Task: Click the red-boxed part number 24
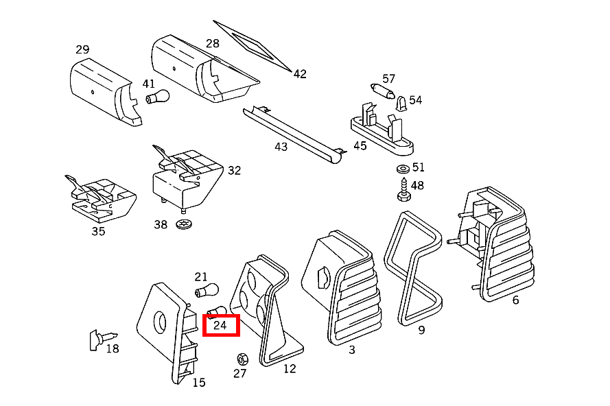tap(220, 325)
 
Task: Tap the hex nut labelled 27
tap(242, 359)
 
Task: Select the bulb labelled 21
tap(207, 290)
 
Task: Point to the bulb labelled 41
tap(158, 97)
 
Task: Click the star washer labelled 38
tap(184, 224)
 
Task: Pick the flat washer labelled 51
tap(403, 169)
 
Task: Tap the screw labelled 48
tap(404, 189)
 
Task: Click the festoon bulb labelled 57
tap(383, 91)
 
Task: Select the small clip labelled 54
tap(401, 104)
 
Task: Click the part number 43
tap(281, 147)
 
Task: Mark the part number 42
tap(300, 74)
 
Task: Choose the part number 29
tap(82, 50)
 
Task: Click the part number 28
tap(213, 43)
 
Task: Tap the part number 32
tap(234, 170)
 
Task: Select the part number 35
tap(98, 231)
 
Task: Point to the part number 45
tap(360, 146)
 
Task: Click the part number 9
tap(421, 330)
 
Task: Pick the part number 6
tap(515, 300)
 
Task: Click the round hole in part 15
tap(160, 322)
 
